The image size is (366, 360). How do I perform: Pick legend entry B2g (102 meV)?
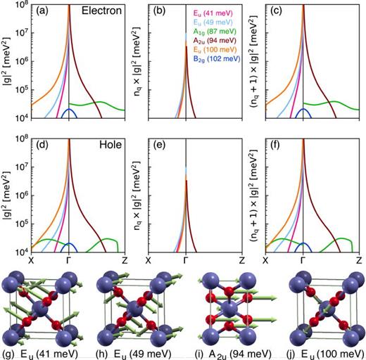[x=208, y=71]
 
